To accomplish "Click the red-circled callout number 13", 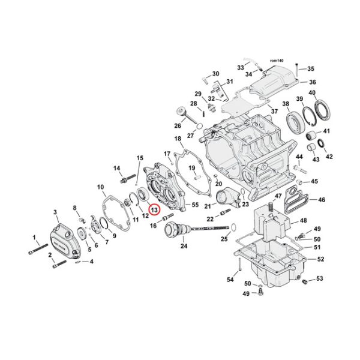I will pos(154,210).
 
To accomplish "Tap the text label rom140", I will pos(277,61).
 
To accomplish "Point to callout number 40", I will pos(312,92).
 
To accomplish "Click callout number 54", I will pos(230,280).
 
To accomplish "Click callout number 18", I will pos(178,139).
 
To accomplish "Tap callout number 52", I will pos(321,259).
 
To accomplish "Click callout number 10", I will pos(101,187).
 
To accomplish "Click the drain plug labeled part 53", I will pos(304,281).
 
